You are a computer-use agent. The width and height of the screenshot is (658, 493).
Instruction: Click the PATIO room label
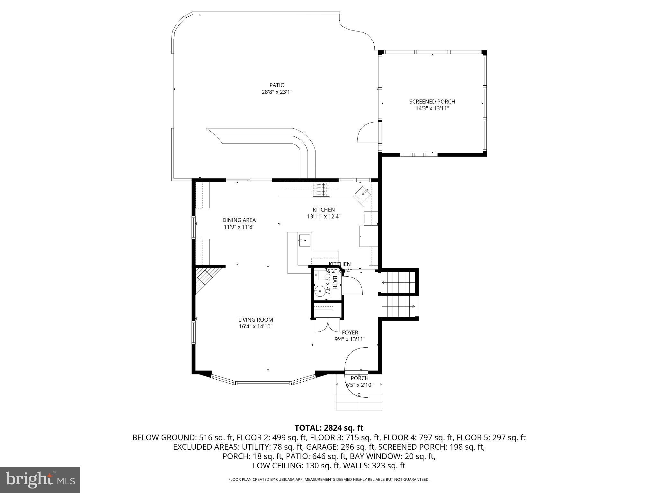[x=277, y=85]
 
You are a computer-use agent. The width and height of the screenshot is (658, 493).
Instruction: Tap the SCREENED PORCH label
[x=432, y=101]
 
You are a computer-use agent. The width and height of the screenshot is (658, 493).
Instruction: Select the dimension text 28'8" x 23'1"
[x=277, y=92]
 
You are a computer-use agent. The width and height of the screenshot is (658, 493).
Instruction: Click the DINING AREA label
[x=239, y=220]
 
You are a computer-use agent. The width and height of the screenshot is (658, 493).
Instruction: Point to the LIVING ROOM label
[x=255, y=320]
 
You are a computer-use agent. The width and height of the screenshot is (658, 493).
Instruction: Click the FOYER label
[x=350, y=333]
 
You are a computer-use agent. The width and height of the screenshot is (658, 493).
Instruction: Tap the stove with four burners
[x=321, y=189]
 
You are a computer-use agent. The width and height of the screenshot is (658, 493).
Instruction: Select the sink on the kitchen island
[x=305, y=240]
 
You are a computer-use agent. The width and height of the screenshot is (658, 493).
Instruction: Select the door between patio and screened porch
[x=368, y=133]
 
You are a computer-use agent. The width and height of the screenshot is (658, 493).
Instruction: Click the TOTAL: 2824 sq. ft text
[x=329, y=428]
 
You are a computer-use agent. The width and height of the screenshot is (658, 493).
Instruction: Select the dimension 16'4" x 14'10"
[x=255, y=327]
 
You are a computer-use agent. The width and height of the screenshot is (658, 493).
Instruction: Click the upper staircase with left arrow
[x=398, y=282]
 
